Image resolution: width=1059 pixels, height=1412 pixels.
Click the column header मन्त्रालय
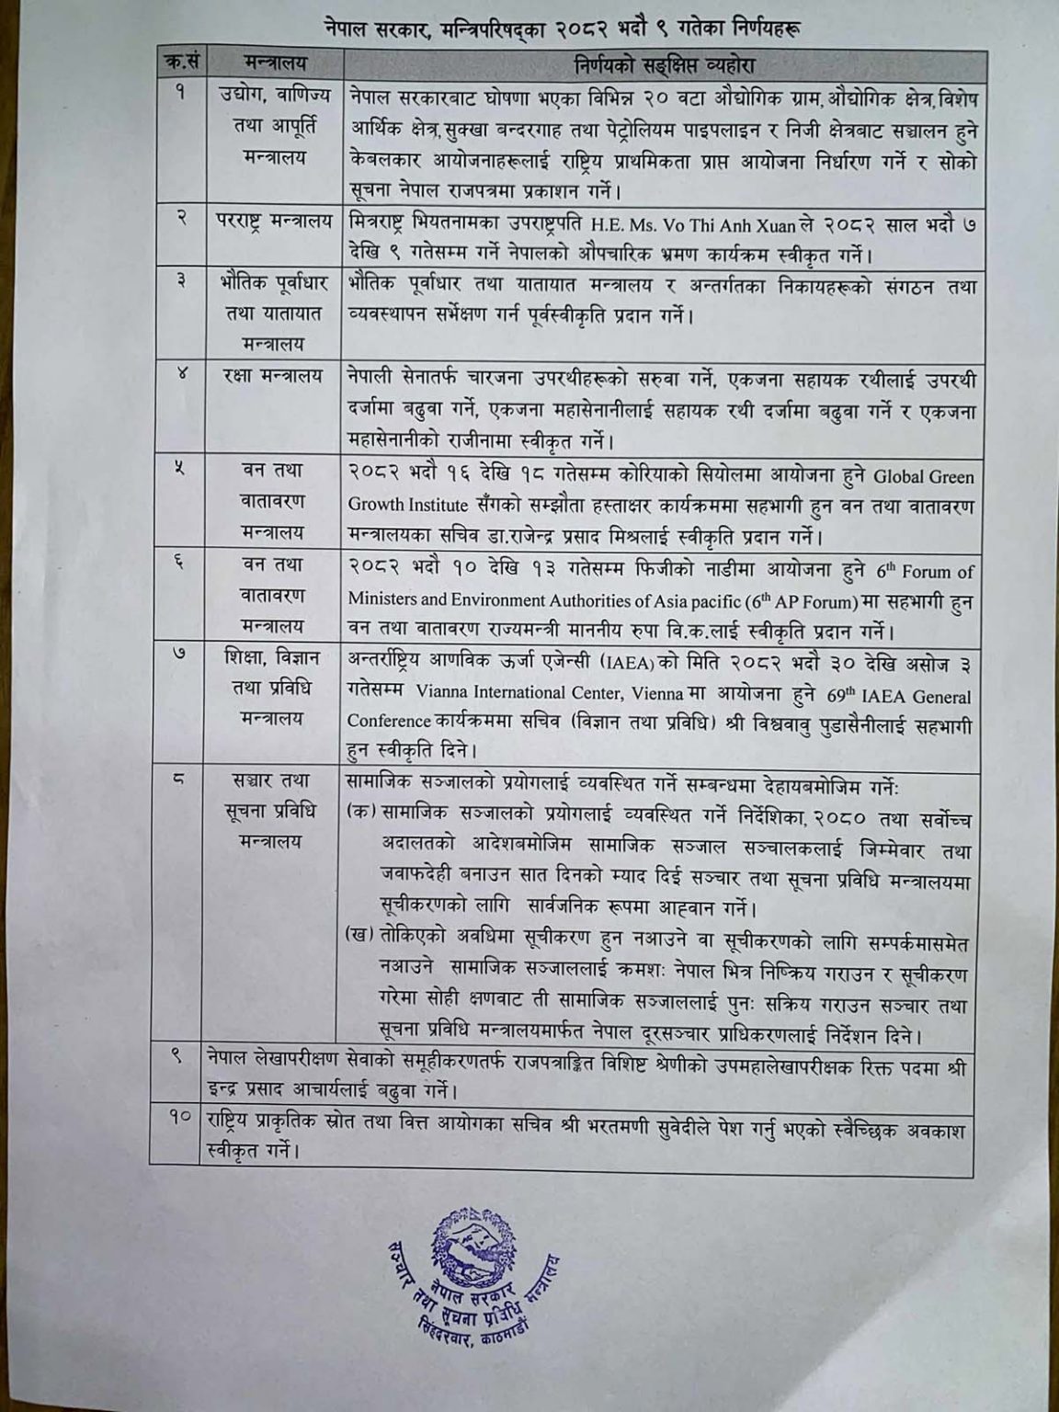(275, 65)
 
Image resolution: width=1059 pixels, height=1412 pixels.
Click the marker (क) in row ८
(362, 815)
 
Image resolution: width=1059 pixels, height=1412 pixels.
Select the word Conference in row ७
(389, 722)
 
